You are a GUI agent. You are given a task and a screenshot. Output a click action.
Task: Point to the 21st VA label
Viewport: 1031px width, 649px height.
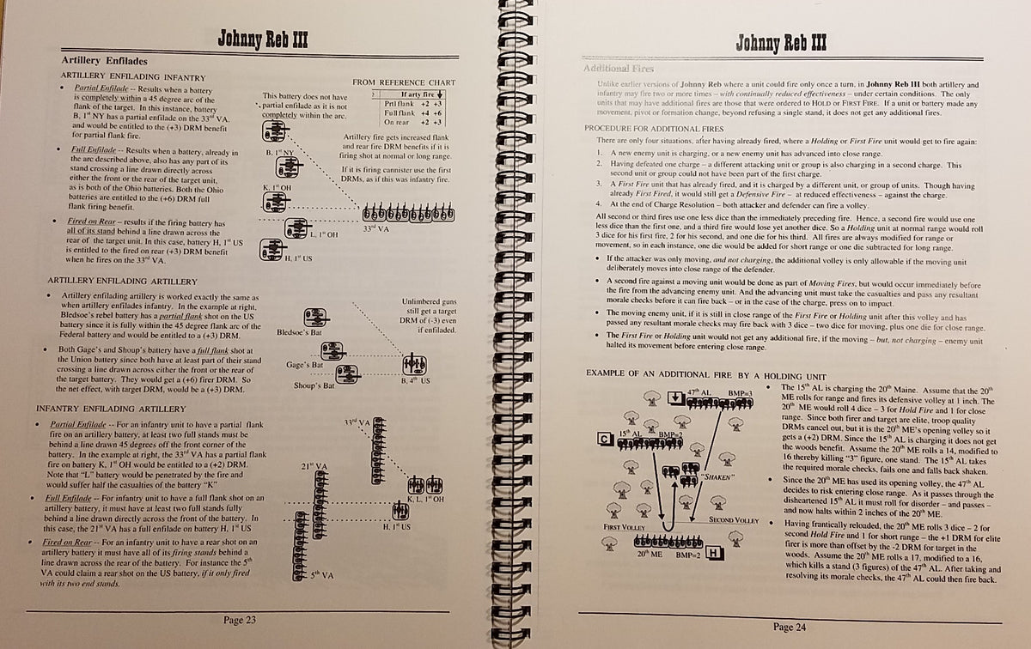[x=314, y=466]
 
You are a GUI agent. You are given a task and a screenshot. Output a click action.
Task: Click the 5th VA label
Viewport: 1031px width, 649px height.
[x=323, y=576]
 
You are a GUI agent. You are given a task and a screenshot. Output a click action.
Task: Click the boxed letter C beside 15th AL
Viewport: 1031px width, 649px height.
[x=604, y=440]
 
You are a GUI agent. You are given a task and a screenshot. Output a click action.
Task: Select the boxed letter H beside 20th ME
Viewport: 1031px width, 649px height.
[x=717, y=553]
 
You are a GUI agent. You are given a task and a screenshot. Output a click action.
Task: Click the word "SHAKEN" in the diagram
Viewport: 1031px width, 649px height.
[x=716, y=476]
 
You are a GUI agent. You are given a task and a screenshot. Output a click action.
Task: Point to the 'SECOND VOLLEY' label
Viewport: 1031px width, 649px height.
[x=733, y=520]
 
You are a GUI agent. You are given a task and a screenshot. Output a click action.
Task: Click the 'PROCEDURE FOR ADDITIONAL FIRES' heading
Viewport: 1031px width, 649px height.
[x=649, y=128]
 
